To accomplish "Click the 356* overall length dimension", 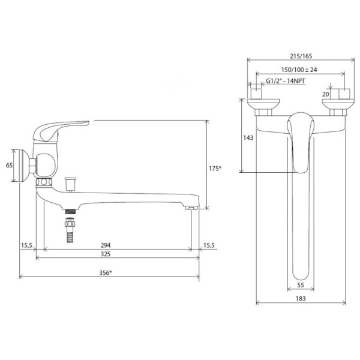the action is [106, 273].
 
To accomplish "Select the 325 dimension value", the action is [106, 254].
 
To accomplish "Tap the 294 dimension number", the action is [106, 245].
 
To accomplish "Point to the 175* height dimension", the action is [215, 169].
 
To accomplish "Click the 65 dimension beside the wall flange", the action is [9, 165].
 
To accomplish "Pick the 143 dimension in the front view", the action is [248, 137].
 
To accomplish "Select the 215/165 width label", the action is [301, 56].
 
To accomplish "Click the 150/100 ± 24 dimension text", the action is [299, 70].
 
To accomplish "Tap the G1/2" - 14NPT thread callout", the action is [286, 81].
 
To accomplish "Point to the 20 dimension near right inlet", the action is [326, 94].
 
